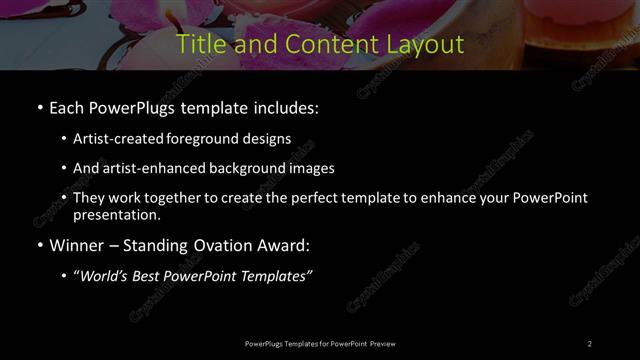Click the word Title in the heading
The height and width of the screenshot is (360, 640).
[196, 45]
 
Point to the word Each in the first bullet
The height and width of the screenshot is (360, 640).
[68, 107]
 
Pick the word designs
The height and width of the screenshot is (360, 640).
[268, 139]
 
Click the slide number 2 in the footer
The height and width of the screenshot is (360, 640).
[590, 344]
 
